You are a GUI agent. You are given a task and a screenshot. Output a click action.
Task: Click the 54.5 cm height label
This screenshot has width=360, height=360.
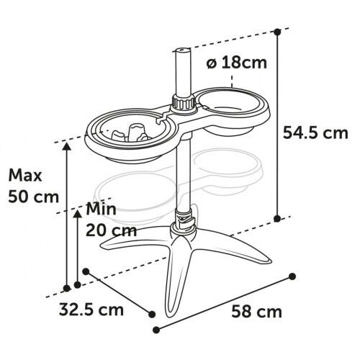315,133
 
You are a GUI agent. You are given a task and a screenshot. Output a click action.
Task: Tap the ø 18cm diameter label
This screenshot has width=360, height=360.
237,63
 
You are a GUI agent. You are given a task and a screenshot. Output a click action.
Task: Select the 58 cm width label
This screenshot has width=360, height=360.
256,312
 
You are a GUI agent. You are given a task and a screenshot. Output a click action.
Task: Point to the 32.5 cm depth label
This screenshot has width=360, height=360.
91,310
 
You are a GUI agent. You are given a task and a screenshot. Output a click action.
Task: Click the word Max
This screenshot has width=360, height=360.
25,176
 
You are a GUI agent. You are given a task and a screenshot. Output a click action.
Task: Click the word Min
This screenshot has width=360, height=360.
101,209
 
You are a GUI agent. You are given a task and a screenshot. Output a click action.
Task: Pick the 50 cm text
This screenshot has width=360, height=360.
33,197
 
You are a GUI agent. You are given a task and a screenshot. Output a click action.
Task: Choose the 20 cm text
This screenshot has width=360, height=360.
111,230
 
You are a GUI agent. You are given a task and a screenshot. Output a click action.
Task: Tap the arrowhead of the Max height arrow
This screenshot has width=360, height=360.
67,146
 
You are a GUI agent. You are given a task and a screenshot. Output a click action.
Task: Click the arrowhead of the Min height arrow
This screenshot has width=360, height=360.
77,214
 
